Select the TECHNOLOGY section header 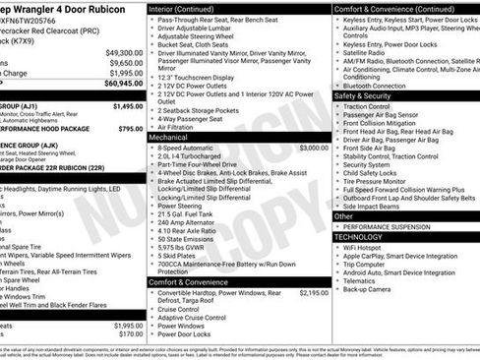pos(358,237)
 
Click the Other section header pos(343,215)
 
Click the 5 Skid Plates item pos(181,259)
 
